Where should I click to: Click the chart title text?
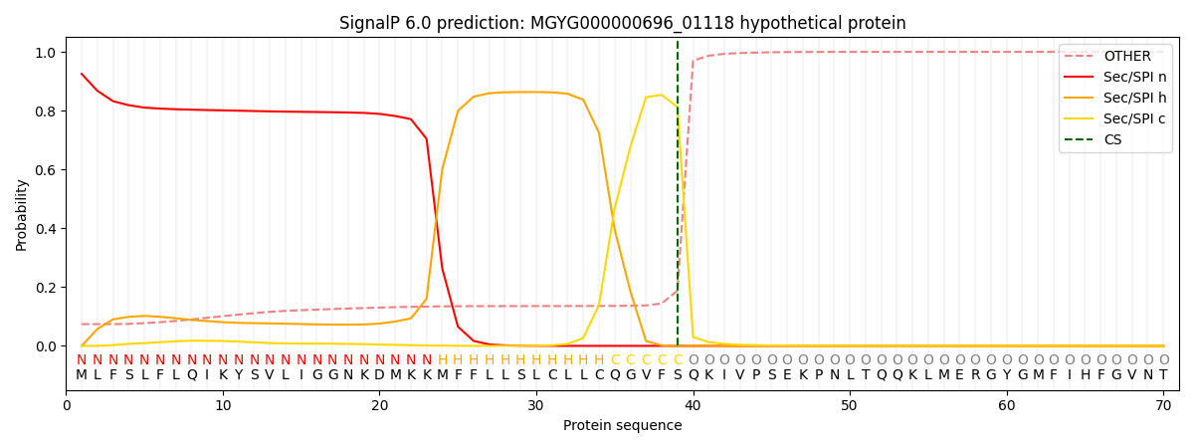(622, 23)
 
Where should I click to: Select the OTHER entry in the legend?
(1126, 57)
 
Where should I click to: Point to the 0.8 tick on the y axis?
(47, 112)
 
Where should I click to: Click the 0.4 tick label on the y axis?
(47, 229)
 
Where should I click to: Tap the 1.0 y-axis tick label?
(47, 53)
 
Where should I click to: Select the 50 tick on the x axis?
(849, 406)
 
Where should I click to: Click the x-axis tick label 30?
(536, 406)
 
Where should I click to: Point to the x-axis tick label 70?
(1162, 406)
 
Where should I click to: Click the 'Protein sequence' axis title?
(622, 426)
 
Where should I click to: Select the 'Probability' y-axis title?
(22, 214)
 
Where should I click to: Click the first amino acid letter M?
(82, 375)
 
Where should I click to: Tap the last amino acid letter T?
(1163, 375)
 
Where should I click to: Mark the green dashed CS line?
(678, 199)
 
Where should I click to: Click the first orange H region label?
(443, 360)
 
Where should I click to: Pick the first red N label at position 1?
(82, 360)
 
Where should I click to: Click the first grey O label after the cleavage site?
(694, 360)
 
